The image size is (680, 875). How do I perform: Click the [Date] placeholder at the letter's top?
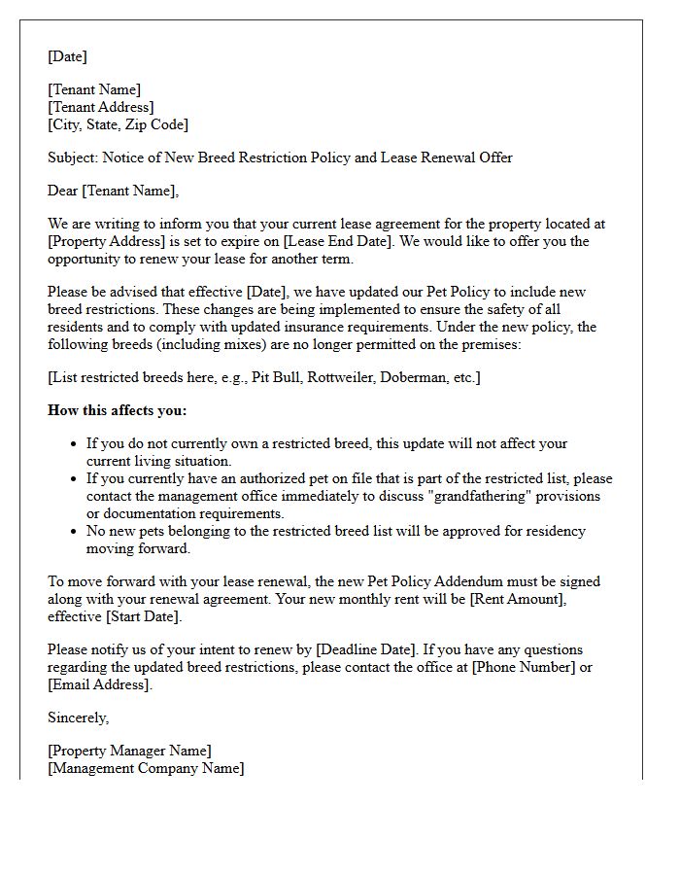pyautogui.click(x=67, y=56)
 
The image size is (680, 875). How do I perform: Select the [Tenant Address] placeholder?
pyautogui.click(x=101, y=107)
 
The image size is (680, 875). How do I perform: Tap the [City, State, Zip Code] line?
pyautogui.click(x=118, y=124)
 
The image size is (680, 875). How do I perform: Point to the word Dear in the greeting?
pyautogui.click(x=63, y=191)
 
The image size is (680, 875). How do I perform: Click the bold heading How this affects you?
pyautogui.click(x=117, y=410)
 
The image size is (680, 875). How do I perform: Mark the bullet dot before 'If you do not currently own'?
pyautogui.click(x=75, y=444)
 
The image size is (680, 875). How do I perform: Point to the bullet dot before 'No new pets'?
pyautogui.click(x=75, y=532)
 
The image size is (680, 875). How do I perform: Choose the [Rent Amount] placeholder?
pyautogui.click(x=517, y=599)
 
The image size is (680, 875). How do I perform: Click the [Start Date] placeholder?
pyautogui.click(x=143, y=616)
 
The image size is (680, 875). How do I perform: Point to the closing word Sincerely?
pyautogui.click(x=79, y=717)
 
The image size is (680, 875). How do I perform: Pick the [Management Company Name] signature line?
pyautogui.click(x=146, y=768)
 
